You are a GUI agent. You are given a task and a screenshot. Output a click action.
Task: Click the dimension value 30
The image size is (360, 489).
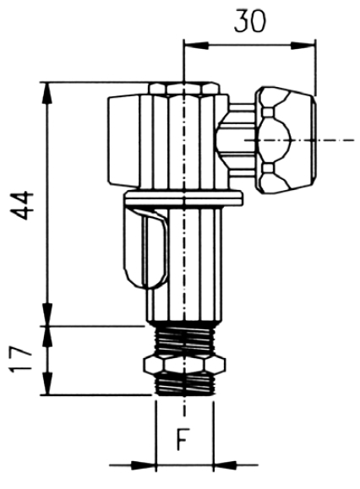point(250,21)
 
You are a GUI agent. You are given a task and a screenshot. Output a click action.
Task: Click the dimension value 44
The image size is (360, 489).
point(22,205)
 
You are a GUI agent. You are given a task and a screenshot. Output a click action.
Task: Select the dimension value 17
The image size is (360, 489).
point(20,360)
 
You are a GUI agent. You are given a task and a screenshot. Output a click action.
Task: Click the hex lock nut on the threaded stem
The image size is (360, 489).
point(184,365)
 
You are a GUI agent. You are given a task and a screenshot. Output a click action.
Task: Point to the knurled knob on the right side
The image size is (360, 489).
point(286,140)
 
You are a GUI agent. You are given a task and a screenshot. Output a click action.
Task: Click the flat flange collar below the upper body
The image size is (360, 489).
point(183,199)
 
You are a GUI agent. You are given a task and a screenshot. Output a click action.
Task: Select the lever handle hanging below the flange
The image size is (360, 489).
point(146,247)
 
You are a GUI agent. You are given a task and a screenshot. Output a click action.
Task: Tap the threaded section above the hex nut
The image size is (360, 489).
point(184,341)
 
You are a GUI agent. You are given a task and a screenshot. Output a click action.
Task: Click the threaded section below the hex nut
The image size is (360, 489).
point(185,384)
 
